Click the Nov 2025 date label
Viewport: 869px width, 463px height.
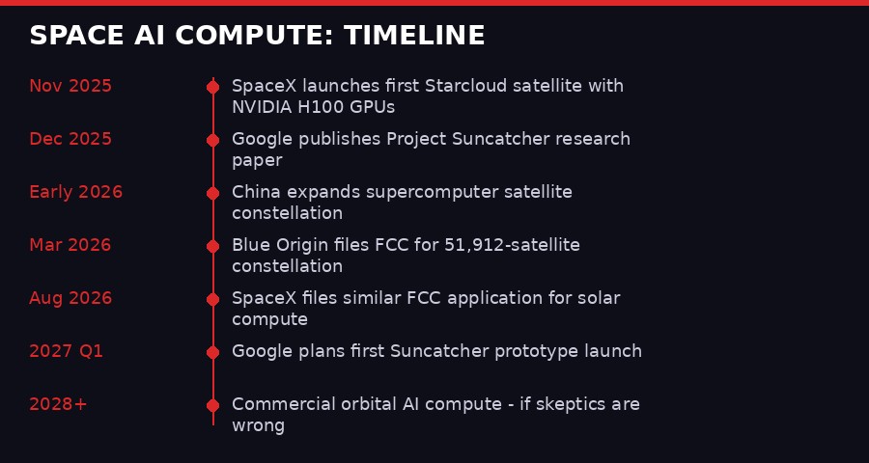(x=70, y=86)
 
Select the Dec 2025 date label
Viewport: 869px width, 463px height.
(x=70, y=139)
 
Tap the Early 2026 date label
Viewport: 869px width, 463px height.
(x=75, y=192)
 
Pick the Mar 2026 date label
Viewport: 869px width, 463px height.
(x=70, y=245)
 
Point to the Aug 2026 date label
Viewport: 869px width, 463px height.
(x=70, y=298)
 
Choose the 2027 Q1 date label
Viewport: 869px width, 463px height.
(x=66, y=351)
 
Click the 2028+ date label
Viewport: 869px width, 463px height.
(x=58, y=404)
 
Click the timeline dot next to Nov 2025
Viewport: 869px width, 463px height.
(x=212, y=87)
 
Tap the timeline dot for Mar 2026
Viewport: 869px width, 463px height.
(x=212, y=246)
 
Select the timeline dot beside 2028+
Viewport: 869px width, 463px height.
(x=212, y=405)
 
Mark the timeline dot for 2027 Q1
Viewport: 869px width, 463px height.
(x=212, y=352)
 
